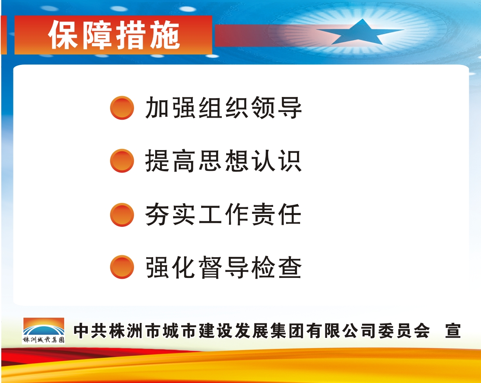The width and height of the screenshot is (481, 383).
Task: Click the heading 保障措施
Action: [114, 35]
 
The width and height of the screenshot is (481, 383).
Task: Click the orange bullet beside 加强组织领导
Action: [122, 108]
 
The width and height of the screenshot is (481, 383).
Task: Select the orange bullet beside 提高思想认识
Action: [122, 161]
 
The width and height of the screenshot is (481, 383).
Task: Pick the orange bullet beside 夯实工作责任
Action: [122, 215]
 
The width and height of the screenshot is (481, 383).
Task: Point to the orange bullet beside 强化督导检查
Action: [122, 267]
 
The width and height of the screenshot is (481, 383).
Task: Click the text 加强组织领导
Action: [223, 108]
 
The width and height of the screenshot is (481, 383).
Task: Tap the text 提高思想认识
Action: [223, 161]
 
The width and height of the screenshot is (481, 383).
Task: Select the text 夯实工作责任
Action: [223, 215]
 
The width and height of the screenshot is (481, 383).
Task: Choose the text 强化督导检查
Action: [223, 267]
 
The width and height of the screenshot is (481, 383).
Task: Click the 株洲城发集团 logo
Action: [43, 331]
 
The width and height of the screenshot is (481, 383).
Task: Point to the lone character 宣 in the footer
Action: [453, 331]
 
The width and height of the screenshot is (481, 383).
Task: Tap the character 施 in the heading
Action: [165, 35]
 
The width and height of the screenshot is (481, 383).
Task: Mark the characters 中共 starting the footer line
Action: [90, 331]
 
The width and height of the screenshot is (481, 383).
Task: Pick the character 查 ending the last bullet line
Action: [290, 267]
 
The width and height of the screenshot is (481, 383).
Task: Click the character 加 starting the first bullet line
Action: [157, 108]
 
